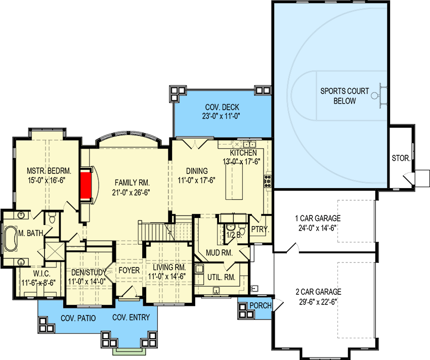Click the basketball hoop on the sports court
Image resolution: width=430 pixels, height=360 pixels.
tap(376, 95)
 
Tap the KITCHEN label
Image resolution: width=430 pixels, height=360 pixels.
tap(243, 153)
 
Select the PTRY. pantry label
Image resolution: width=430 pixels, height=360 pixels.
tap(260, 229)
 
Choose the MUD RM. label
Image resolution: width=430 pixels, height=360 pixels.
tap(219, 252)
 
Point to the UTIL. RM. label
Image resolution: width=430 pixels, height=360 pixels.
tap(221, 277)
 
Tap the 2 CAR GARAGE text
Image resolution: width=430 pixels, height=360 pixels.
tap(318, 292)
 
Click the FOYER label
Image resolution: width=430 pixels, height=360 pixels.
tap(129, 271)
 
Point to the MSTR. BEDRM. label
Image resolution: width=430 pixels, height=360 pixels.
tap(46, 171)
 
